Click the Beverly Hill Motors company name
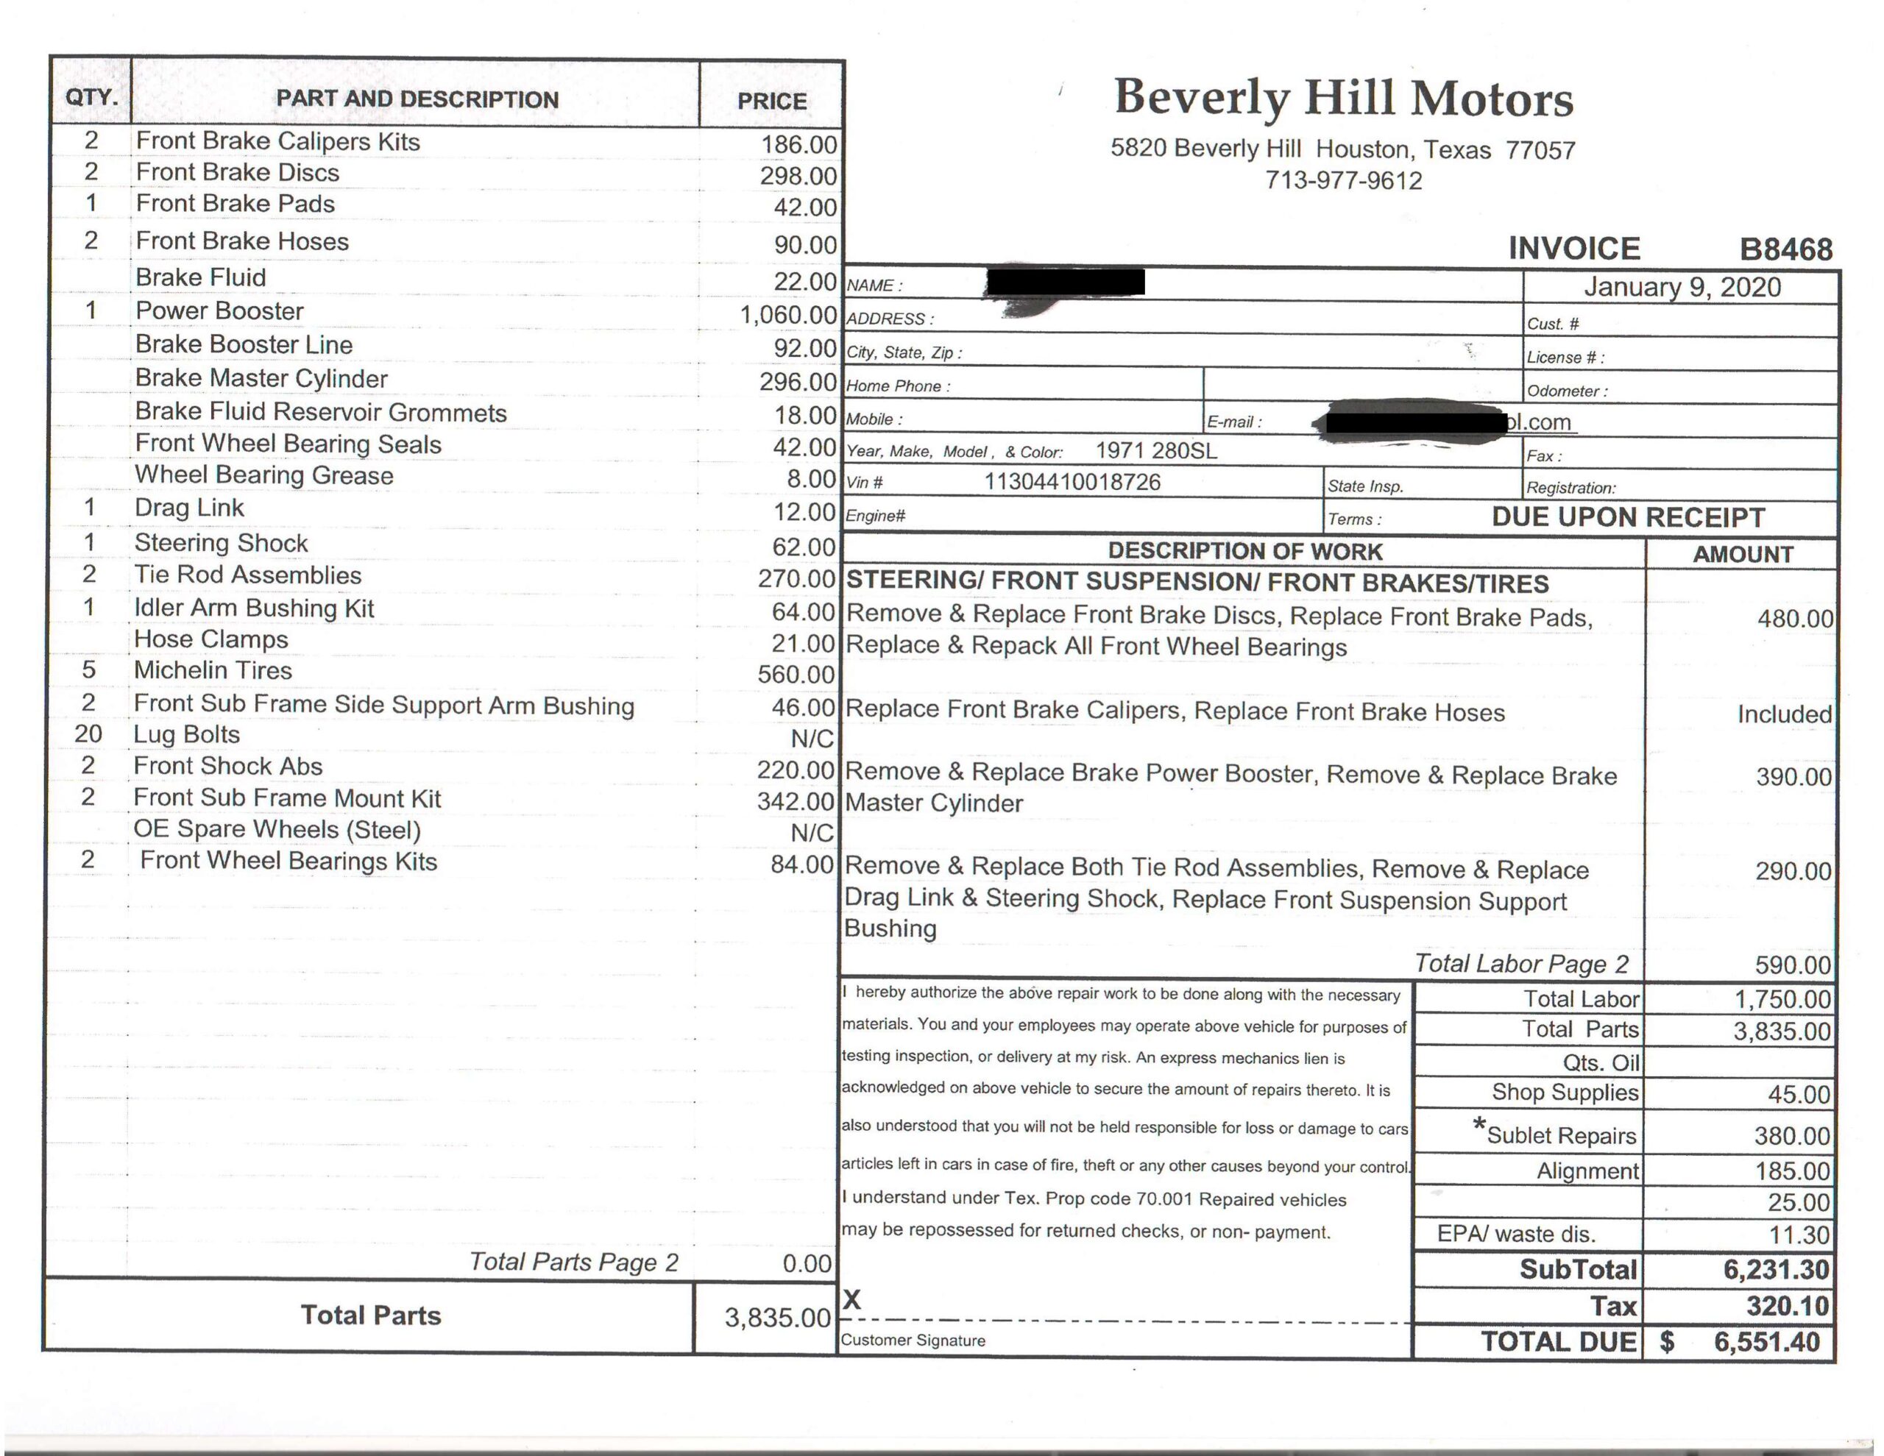[1343, 97]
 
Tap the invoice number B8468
[1785, 249]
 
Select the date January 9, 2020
[1682, 287]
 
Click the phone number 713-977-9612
[1343, 181]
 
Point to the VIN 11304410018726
[1072, 482]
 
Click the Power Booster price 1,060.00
[787, 315]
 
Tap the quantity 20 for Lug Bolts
[88, 734]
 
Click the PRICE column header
[771, 101]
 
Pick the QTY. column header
[91, 96]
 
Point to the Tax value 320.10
[1787, 1306]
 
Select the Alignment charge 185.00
[1792, 1171]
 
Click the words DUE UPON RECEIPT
[1628, 517]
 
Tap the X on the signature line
[851, 1300]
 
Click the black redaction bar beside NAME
[1066, 282]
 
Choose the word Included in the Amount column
[1784, 714]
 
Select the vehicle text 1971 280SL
[1156, 450]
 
